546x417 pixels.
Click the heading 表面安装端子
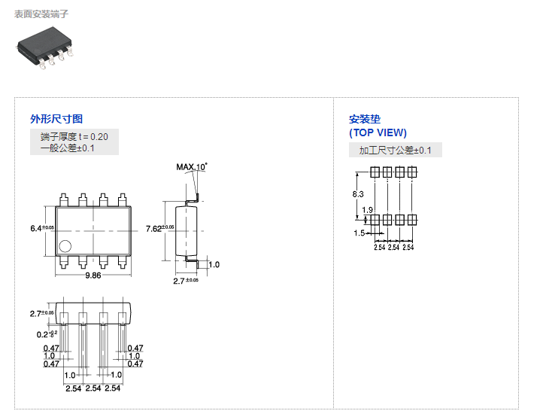[x=42, y=14]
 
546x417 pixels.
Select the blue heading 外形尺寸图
[x=56, y=119]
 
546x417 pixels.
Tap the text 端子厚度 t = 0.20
[x=74, y=136]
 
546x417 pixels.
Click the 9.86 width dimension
[x=93, y=276]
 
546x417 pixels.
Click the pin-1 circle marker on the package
[x=65, y=245]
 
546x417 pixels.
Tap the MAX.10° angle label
[x=192, y=166]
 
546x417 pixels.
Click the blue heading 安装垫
[x=365, y=119]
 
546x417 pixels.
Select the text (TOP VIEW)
[x=378, y=132]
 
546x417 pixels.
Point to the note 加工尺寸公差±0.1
[x=395, y=151]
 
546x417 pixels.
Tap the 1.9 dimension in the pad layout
[x=368, y=210]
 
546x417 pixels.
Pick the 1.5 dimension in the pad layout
[x=359, y=233]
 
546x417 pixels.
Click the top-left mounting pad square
[x=375, y=172]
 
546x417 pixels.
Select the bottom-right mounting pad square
[x=412, y=220]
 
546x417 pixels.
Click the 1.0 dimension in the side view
[x=214, y=265]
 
